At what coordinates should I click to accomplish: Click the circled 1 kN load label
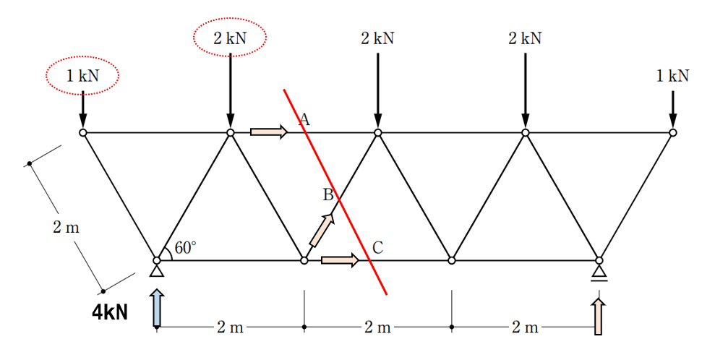coord(82,76)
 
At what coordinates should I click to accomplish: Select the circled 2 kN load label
coord(231,38)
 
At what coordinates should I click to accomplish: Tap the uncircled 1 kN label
coord(672,76)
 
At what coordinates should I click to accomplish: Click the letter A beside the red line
coord(304,119)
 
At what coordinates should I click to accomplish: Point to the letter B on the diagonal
coord(328,194)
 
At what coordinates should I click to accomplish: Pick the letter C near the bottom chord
coord(377,247)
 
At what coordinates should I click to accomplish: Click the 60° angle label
coord(186,247)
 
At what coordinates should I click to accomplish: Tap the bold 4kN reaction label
coord(110,312)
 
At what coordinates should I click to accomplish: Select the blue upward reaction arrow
coord(157,307)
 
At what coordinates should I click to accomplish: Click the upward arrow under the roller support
coord(599,316)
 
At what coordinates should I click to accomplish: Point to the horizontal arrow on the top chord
coord(269,132)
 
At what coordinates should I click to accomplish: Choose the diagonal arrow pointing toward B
coord(322,229)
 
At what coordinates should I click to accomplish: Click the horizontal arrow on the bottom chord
coord(341,260)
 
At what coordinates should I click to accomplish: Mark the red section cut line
coord(335,192)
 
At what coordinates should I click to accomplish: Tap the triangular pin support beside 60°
coord(157,270)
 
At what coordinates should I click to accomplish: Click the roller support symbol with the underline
coord(599,273)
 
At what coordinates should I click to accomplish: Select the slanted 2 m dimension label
coord(66,226)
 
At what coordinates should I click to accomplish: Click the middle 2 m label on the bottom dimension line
coord(377,327)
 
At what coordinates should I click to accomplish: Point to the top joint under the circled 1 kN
coord(82,132)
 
